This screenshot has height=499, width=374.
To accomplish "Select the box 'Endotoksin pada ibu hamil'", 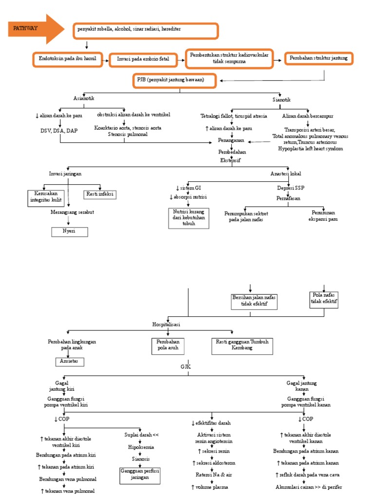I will coord(68,59).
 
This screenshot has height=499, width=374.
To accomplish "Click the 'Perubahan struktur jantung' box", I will coord(318,58).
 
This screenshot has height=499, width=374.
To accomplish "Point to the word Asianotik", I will coord(83,98).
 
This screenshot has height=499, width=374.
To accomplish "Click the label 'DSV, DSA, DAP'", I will coord(59,131).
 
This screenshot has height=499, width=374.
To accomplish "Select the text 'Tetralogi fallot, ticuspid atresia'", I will coord(234,116).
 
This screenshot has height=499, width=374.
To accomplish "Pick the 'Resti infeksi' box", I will coord(100,194).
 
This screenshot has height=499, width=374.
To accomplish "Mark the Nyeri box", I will coord(70,231).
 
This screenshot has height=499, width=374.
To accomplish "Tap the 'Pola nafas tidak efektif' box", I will coord(324,299).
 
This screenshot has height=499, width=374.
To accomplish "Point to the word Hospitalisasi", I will coord(167,324).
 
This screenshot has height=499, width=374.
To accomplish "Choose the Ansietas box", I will coord(70,362).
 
